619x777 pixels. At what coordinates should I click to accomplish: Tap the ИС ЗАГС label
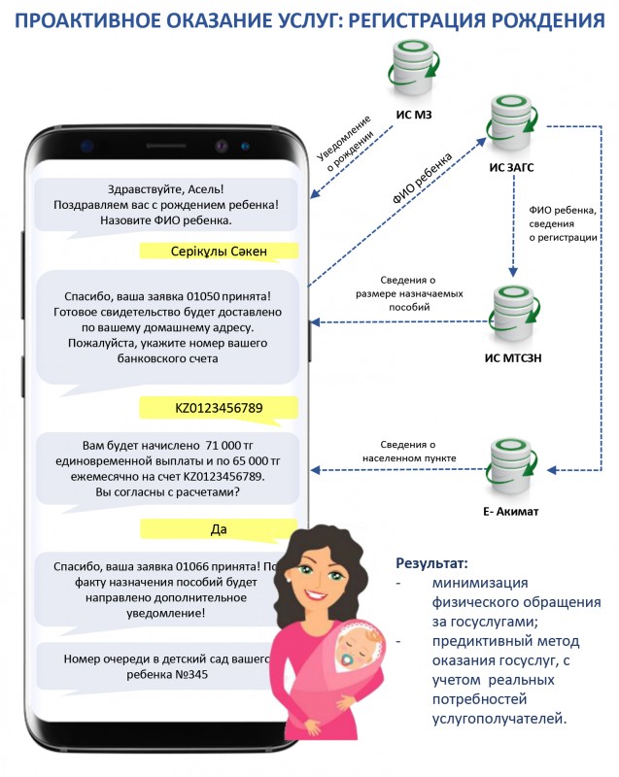point(511,166)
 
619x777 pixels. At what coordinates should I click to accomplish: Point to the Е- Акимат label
point(509,510)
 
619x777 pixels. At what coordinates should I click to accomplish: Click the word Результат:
point(431,563)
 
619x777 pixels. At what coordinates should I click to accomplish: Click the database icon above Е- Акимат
point(510,463)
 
